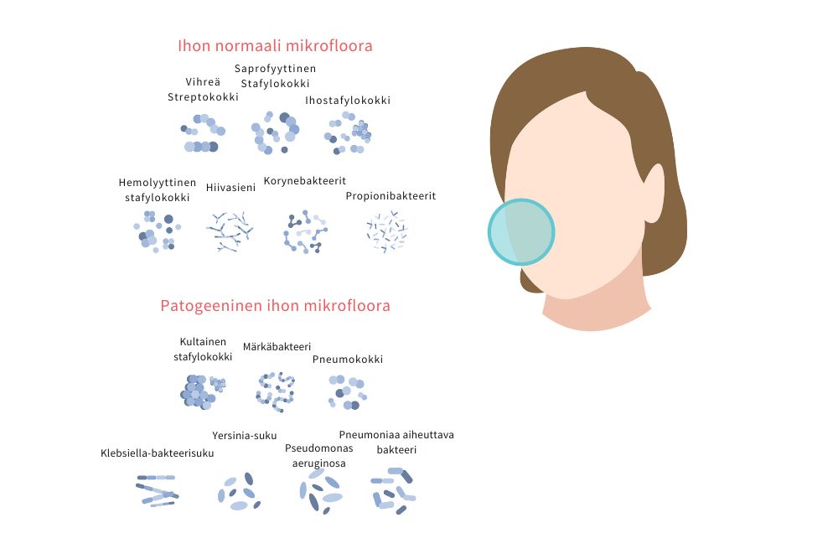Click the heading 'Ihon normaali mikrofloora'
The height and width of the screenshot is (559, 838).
point(275,46)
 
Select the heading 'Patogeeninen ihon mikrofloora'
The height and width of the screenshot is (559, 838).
point(275,306)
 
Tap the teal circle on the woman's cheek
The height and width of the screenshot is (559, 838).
point(521,232)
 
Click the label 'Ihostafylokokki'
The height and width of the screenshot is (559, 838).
point(348,101)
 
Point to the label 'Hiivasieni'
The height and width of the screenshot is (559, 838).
point(231,188)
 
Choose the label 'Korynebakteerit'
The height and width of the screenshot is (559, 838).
point(305,181)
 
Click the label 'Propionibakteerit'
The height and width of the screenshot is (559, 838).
point(391,196)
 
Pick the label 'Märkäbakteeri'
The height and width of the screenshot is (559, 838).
point(277,347)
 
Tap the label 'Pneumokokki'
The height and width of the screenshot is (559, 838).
point(348,360)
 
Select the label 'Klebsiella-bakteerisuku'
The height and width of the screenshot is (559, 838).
point(158,453)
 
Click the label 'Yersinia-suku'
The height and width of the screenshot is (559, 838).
point(244,436)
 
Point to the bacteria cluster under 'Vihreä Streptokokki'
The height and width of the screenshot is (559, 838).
point(203,133)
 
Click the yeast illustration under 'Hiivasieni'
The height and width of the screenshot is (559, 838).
point(230,231)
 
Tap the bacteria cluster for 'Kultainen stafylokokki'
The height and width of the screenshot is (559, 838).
point(203,391)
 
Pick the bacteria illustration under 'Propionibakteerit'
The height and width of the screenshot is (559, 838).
point(387,231)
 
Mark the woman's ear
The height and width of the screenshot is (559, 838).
point(653,194)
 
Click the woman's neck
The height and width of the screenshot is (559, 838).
point(596,308)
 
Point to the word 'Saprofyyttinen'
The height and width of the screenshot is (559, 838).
point(275,69)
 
